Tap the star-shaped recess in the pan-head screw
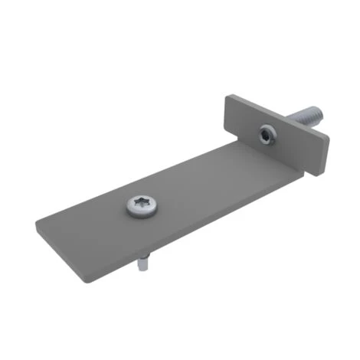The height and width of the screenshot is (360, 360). pyautogui.click(x=142, y=205)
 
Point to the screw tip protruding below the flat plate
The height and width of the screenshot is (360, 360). pyautogui.click(x=143, y=265)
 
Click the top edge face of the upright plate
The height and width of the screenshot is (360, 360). pyautogui.click(x=280, y=117)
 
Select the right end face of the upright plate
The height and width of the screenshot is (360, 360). pyautogui.click(x=325, y=157)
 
